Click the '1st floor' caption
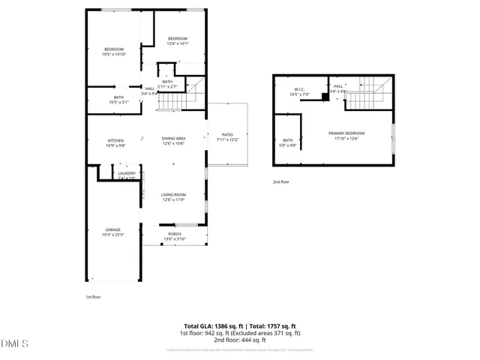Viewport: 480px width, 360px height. pyautogui.click(x=92, y=296)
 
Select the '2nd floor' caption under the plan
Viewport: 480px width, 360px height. pyautogui.click(x=281, y=182)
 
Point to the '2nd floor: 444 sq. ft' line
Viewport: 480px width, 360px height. pyautogui.click(x=240, y=340)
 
